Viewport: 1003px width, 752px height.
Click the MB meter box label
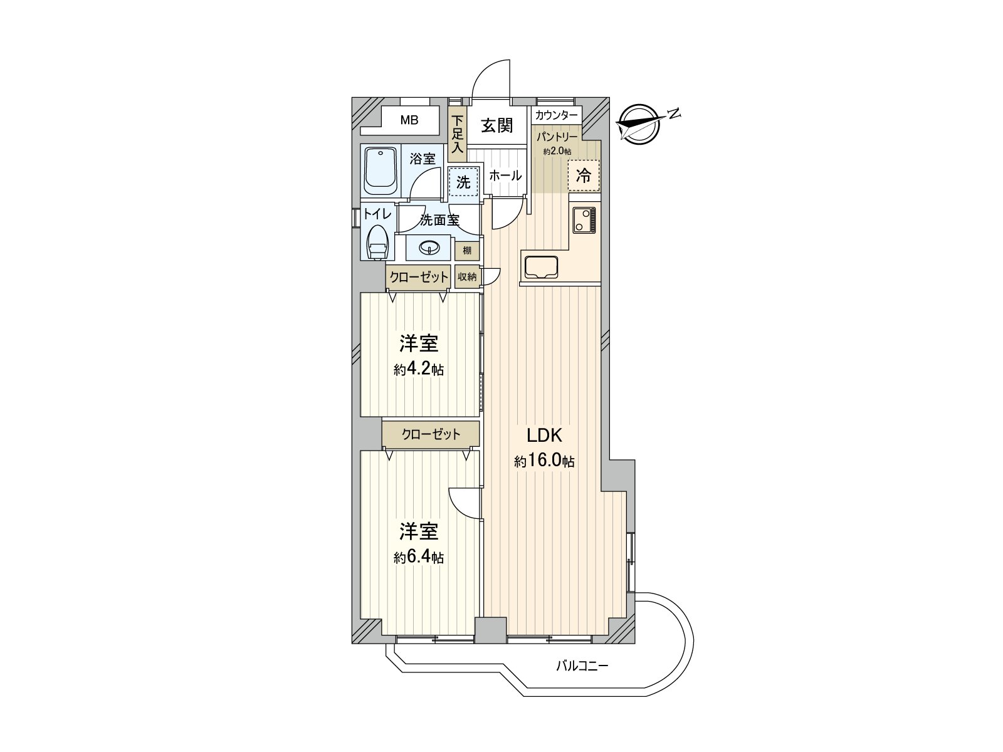[409, 120]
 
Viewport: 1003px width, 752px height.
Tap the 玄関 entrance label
[496, 125]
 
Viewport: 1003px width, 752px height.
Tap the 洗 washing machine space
[463, 182]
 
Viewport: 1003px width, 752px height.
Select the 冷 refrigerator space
[583, 176]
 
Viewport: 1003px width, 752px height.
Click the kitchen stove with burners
[584, 221]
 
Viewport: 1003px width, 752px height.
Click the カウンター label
[557, 115]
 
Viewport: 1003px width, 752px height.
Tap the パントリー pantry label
[557, 136]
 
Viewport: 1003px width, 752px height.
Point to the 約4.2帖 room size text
[419, 370]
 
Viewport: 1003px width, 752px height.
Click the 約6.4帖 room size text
[419, 557]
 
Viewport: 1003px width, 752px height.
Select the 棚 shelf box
[467, 251]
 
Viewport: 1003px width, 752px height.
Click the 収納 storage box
[467, 276]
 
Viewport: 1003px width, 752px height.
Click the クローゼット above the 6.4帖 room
[431, 434]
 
